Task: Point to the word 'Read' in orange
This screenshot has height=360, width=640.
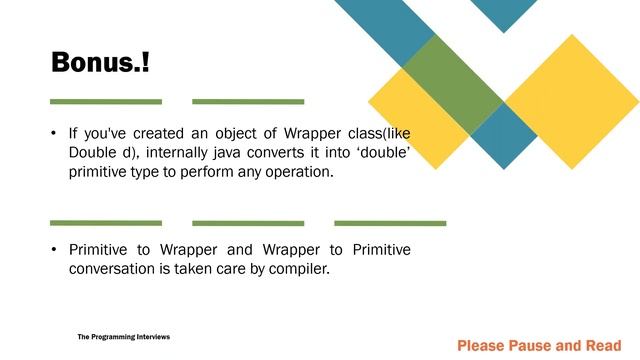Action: point(603,346)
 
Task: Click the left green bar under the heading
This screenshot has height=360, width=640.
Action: point(106,101)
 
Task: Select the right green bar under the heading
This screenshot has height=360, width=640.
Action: point(248,101)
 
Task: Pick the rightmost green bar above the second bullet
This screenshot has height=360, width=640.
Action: point(390,222)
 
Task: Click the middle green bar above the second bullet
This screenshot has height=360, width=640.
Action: point(248,222)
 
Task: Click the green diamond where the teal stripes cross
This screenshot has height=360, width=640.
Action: point(452,85)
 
